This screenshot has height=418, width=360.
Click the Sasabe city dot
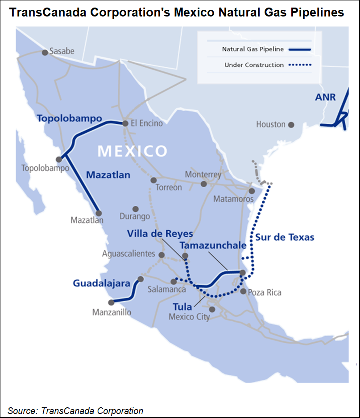(x=45, y=53)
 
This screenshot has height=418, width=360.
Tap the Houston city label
(x=270, y=124)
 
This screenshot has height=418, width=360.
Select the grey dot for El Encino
(x=126, y=123)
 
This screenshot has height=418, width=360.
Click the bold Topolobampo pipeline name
(x=69, y=119)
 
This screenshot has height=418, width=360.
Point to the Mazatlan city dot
(x=99, y=213)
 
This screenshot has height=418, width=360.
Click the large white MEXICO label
(x=132, y=151)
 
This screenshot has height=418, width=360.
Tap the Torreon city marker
(x=153, y=180)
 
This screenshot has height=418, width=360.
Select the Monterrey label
(x=203, y=174)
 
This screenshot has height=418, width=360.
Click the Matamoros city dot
(x=252, y=191)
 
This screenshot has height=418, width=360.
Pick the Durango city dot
(x=136, y=209)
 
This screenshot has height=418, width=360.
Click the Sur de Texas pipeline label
(x=285, y=237)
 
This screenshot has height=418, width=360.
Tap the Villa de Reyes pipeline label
(x=160, y=234)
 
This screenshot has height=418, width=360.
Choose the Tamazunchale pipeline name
(x=213, y=246)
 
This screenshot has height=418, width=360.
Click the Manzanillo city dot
(x=111, y=302)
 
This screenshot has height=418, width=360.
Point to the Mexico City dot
(x=212, y=309)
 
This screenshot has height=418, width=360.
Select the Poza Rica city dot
(x=243, y=291)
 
